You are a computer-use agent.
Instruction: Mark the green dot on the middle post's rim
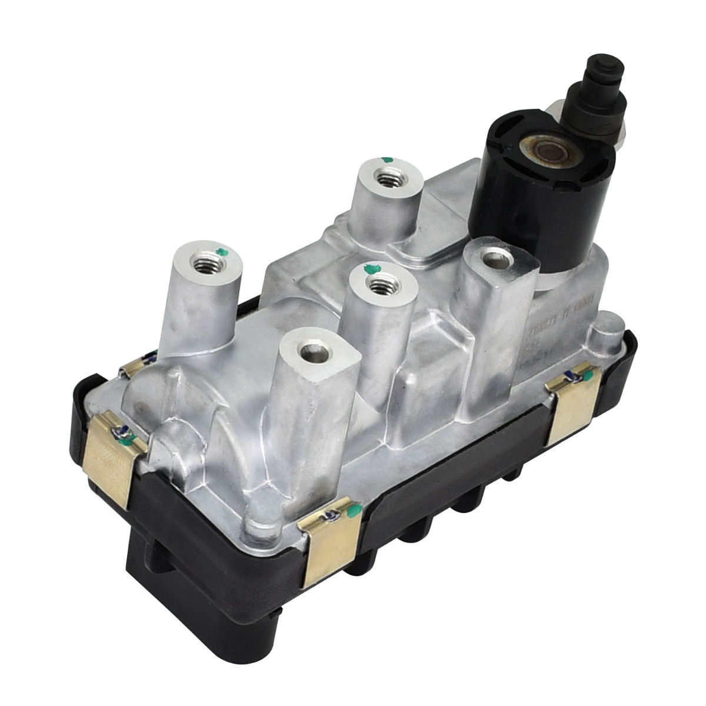(x=369, y=270)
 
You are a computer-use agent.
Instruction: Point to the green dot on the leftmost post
(x=221, y=252)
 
